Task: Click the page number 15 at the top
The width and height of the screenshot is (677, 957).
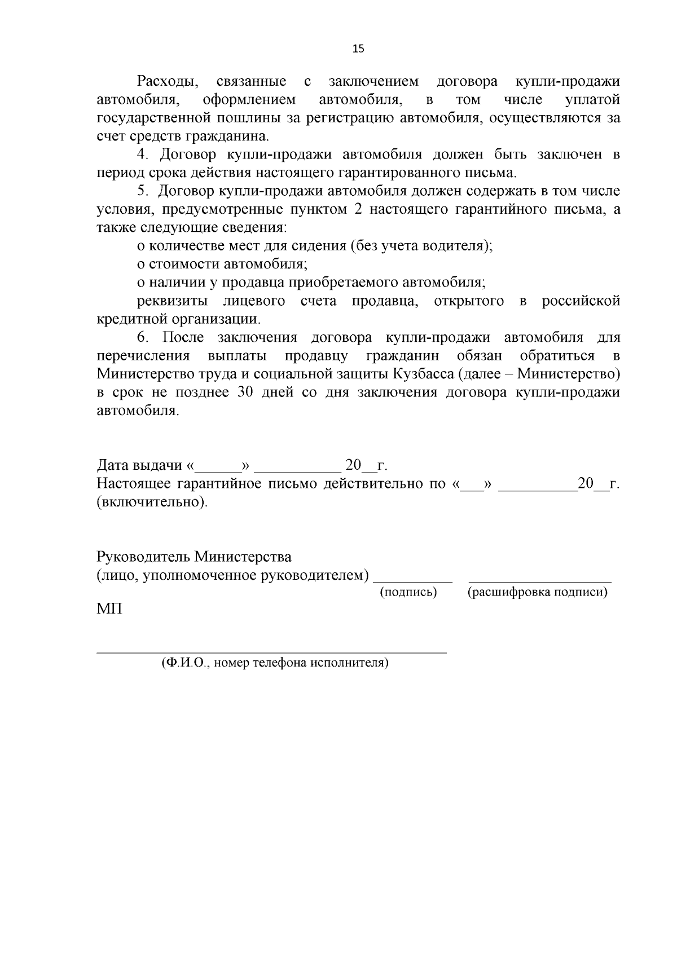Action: click(358, 48)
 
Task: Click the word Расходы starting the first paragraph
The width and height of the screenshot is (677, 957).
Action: click(168, 82)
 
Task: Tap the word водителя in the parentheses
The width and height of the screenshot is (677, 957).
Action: click(457, 246)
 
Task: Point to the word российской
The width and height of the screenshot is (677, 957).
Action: click(581, 301)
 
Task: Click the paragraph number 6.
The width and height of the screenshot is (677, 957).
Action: click(143, 338)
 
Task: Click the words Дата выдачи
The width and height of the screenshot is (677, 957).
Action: click(140, 466)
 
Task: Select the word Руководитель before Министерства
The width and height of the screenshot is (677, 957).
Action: click(143, 557)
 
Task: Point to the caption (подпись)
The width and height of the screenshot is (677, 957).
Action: click(408, 592)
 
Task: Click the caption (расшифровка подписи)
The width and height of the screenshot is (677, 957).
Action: click(538, 592)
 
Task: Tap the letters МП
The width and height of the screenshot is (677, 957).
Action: click(109, 610)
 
